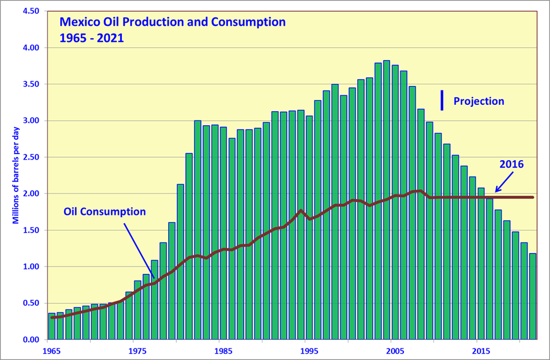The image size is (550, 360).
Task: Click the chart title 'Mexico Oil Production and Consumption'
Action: [x=172, y=23]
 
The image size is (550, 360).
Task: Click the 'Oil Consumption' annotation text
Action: [x=104, y=212]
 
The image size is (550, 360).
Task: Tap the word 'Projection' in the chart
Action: [x=479, y=101]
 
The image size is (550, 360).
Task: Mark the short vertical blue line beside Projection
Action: [x=442, y=100]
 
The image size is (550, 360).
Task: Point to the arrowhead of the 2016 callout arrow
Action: [x=496, y=191]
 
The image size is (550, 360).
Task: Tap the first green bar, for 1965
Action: [x=52, y=326]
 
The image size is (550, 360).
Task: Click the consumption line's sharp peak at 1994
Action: [x=301, y=211]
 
